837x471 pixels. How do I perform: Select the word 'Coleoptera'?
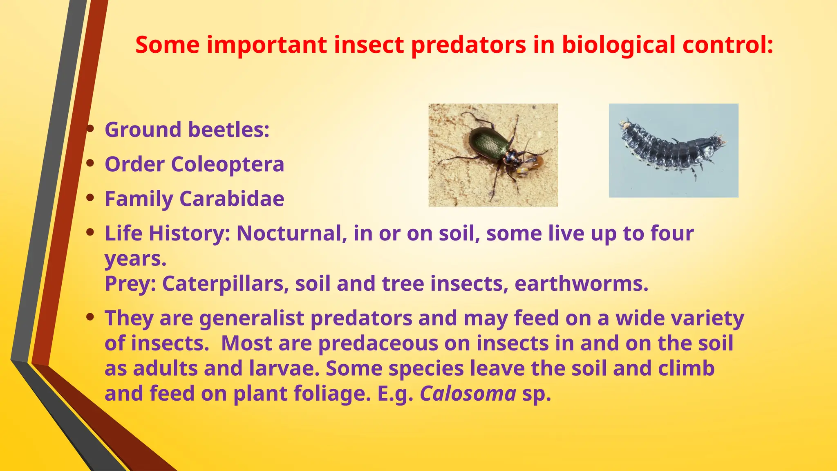click(x=227, y=164)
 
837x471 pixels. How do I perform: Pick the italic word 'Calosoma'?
click(x=468, y=394)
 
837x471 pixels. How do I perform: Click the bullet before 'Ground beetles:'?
click(x=91, y=129)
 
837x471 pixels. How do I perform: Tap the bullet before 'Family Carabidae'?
click(x=91, y=198)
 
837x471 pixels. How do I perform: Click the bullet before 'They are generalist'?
click(x=91, y=317)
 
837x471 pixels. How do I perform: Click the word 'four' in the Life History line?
click(x=672, y=233)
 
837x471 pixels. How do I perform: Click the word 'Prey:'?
click(x=130, y=284)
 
